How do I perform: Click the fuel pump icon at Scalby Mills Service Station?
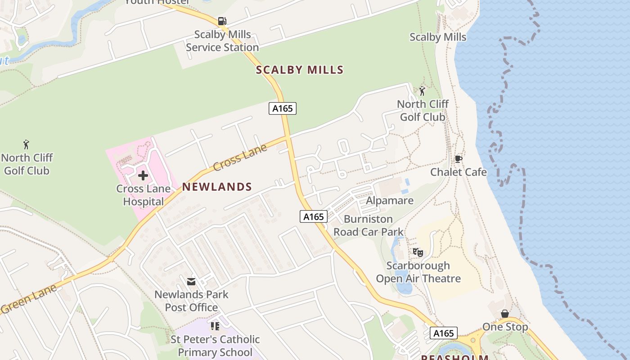pyautogui.click(x=222, y=21)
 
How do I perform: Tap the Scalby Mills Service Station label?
pyautogui.click(x=222, y=41)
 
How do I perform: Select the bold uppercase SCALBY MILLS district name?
pyautogui.click(x=300, y=70)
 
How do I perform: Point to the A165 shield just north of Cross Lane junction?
pyautogui.click(x=283, y=108)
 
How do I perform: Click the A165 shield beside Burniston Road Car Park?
pyautogui.click(x=313, y=216)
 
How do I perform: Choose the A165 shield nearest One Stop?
pyautogui.click(x=443, y=333)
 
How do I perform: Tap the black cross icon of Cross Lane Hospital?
pyautogui.click(x=143, y=175)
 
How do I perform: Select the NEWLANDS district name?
pyautogui.click(x=217, y=187)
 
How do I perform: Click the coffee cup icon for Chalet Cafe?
pyautogui.click(x=458, y=159)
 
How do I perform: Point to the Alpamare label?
pyautogui.click(x=390, y=200)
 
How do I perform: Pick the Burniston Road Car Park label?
pyautogui.click(x=369, y=225)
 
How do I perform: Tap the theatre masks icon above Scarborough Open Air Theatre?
pyautogui.click(x=418, y=252)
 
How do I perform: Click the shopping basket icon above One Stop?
pyautogui.click(x=505, y=314)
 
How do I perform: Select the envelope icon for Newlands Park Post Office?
pyautogui.click(x=191, y=282)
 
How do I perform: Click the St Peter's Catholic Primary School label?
pyautogui.click(x=215, y=346)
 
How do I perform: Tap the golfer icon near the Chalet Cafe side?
pyautogui.click(x=422, y=91)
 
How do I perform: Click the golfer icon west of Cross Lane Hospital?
pyautogui.click(x=27, y=145)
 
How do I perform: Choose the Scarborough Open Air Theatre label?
pyautogui.click(x=418, y=272)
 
